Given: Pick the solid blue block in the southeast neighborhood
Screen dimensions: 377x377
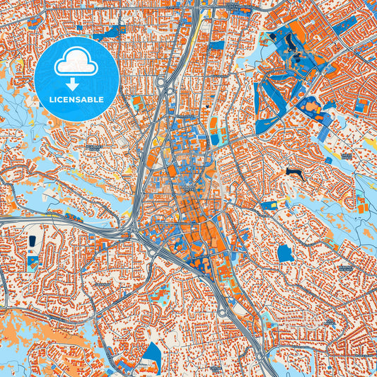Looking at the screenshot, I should [x=284, y=253].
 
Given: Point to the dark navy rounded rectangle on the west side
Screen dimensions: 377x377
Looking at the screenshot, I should [x=32, y=242].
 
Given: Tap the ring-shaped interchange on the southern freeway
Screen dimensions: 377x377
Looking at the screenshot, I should [x=222, y=312].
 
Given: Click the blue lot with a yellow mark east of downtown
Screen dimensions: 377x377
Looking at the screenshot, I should [x=269, y=206].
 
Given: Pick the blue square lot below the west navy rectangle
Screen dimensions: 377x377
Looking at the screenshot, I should [x=33, y=261].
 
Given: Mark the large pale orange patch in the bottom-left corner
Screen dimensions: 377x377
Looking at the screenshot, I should [x=42, y=350].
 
